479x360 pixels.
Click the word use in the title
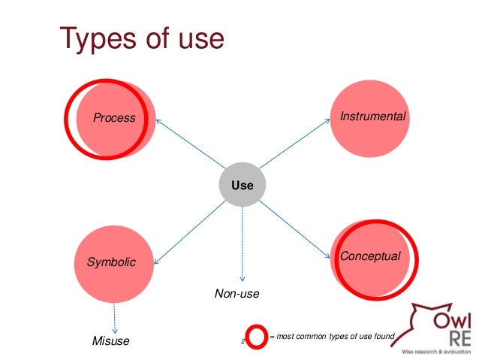(199, 39)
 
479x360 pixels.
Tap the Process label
(114, 118)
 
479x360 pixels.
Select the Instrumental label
(373, 117)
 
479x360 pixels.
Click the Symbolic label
(111, 262)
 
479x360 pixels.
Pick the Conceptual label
(370, 257)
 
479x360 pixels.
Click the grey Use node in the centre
(243, 185)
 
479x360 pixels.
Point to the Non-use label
(236, 294)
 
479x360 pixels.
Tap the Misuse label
(110, 341)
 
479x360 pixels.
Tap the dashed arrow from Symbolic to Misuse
(114, 316)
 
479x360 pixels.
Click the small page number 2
(243, 340)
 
